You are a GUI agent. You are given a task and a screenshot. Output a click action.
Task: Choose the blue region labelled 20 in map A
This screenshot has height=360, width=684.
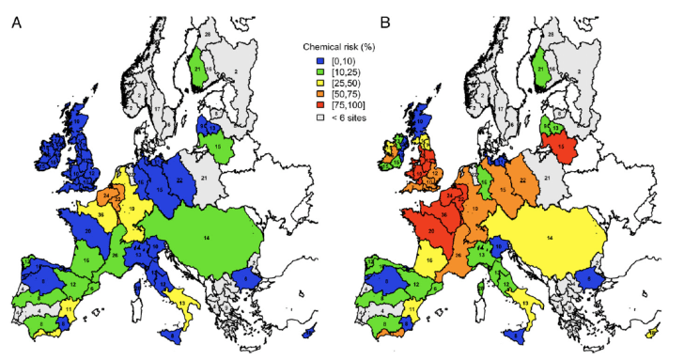point(88,229)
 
